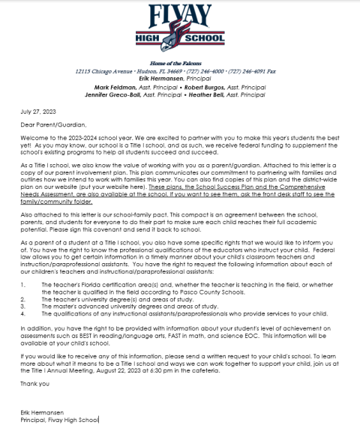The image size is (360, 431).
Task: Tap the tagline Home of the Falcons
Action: point(179,65)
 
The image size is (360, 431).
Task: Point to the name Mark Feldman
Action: point(132,87)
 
